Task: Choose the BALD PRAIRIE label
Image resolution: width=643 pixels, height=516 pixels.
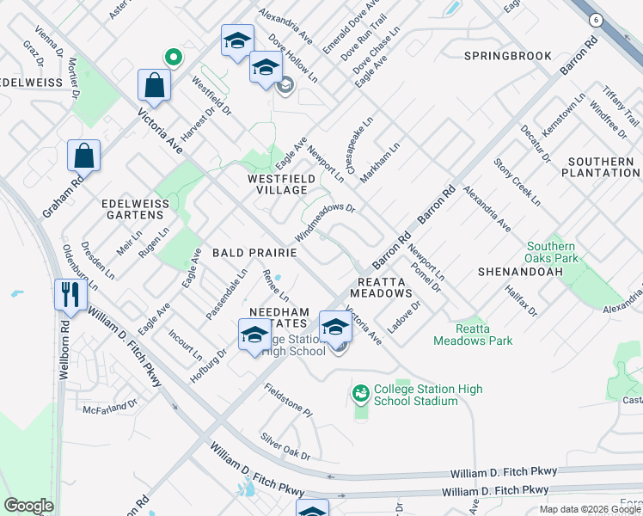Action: [x=256, y=253]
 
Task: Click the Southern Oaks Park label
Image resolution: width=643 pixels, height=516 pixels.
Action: [x=552, y=253]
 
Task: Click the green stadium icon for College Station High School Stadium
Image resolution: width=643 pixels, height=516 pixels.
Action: [x=361, y=394]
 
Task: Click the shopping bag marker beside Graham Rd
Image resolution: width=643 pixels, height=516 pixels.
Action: [x=84, y=156]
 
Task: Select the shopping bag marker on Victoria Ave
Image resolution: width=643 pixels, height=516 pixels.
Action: [x=154, y=85]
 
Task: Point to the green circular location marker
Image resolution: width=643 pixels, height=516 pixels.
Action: [x=173, y=58]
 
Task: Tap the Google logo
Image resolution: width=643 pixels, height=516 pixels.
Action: [x=28, y=505]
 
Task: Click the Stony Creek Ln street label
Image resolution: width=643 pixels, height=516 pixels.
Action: [x=517, y=181]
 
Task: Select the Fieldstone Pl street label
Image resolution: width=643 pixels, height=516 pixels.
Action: [x=287, y=397]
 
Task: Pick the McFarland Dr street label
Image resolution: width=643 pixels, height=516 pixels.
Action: [x=110, y=404]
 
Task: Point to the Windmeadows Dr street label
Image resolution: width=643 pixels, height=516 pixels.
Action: [x=325, y=221]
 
